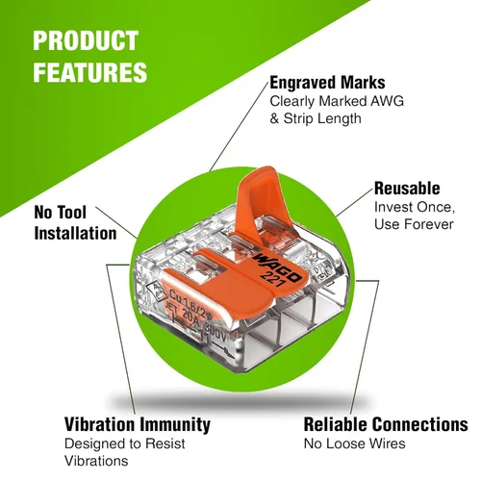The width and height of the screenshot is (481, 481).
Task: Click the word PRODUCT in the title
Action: tap(86, 40)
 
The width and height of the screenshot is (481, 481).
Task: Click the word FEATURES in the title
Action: tap(90, 72)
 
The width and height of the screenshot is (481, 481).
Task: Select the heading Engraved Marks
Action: tap(327, 83)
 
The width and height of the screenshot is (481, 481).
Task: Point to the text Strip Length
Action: tap(322, 118)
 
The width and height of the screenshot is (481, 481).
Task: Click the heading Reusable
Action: tap(407, 189)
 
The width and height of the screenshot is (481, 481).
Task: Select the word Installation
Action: tap(75, 233)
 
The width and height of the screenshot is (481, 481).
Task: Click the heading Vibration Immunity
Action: tap(138, 424)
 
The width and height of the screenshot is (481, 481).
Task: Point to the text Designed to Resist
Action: tap(125, 443)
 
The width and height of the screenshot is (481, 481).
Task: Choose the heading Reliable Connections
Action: tap(386, 424)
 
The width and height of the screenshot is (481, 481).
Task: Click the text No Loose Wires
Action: tap(354, 443)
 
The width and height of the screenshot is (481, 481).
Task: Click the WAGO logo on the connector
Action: tap(277, 267)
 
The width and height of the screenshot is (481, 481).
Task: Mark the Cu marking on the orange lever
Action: tap(175, 294)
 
